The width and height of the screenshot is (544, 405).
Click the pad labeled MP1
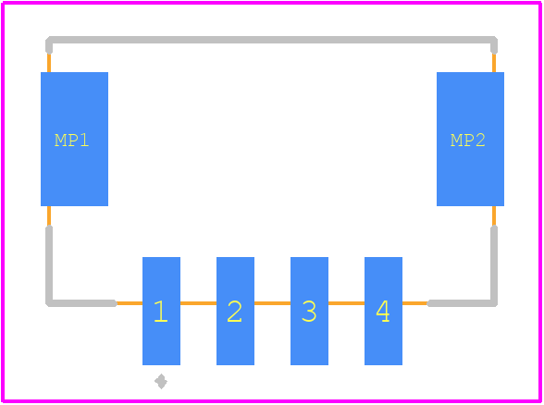74,139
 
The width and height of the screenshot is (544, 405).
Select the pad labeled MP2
470,139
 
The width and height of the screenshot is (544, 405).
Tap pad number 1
161,311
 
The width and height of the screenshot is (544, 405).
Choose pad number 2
235,311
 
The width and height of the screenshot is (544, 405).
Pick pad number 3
309,311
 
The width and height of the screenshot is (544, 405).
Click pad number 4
383,311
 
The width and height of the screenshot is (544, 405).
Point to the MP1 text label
72,141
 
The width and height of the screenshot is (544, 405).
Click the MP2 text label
468,141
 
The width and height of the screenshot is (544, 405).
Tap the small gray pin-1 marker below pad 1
161,381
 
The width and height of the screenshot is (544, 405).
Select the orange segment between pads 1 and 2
198,303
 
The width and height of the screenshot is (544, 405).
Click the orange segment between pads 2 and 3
272,303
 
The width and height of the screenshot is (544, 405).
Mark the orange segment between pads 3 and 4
346,303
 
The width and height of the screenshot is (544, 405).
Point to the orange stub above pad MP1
49,63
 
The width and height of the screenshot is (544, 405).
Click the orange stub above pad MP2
494,63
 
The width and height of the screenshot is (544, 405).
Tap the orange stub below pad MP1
49,216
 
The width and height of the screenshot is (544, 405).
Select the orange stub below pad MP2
494,216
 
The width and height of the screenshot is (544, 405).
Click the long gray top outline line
272,40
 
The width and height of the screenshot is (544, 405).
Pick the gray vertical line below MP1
49,264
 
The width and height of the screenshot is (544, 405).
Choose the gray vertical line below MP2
494,264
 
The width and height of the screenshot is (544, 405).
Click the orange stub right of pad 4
414,303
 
